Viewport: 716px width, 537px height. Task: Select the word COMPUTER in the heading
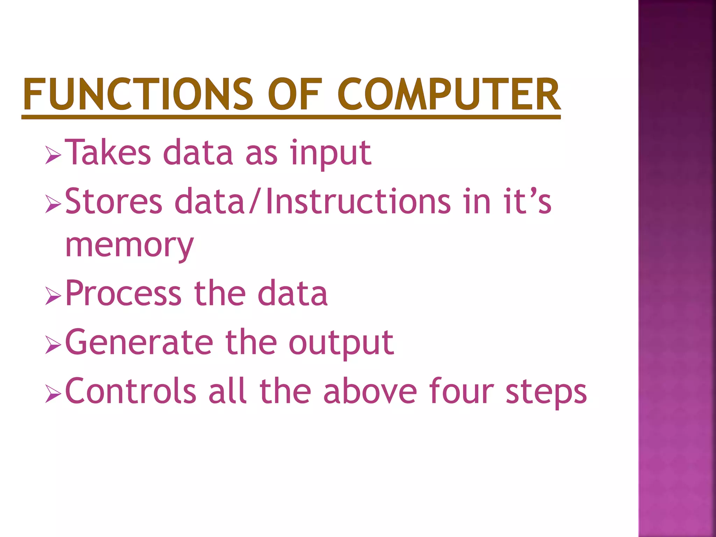tap(449, 94)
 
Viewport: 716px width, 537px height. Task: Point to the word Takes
tap(108, 152)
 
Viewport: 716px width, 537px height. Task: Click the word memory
tap(129, 245)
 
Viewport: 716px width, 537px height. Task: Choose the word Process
tap(123, 293)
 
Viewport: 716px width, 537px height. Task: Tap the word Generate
tap(139, 342)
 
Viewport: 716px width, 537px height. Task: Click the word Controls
tap(131, 391)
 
